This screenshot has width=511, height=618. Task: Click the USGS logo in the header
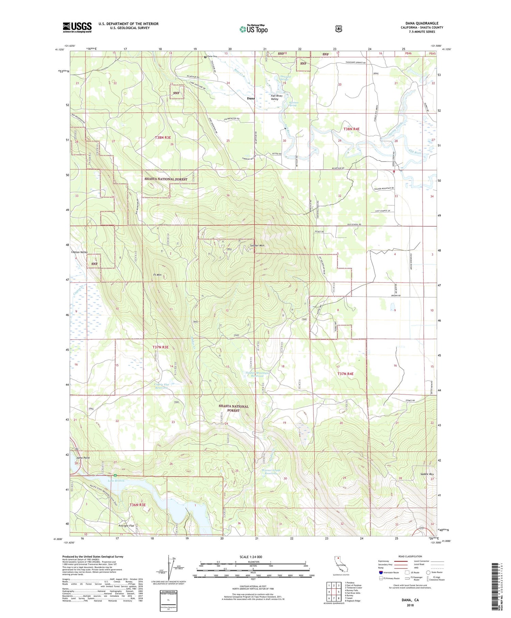[x=77, y=27]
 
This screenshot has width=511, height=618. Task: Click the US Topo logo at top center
[x=253, y=29]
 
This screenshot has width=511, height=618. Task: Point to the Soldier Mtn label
[x=257, y=245]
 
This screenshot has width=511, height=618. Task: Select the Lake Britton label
[x=116, y=481]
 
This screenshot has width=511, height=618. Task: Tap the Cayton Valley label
[x=79, y=252]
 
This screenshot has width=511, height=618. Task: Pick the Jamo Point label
[x=83, y=458]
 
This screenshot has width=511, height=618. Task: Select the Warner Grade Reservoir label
[x=271, y=472]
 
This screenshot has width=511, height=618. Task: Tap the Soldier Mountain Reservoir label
[x=257, y=375]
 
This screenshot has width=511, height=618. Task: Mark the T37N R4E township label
[x=345, y=374]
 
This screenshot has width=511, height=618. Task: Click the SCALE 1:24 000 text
[x=253, y=557]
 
